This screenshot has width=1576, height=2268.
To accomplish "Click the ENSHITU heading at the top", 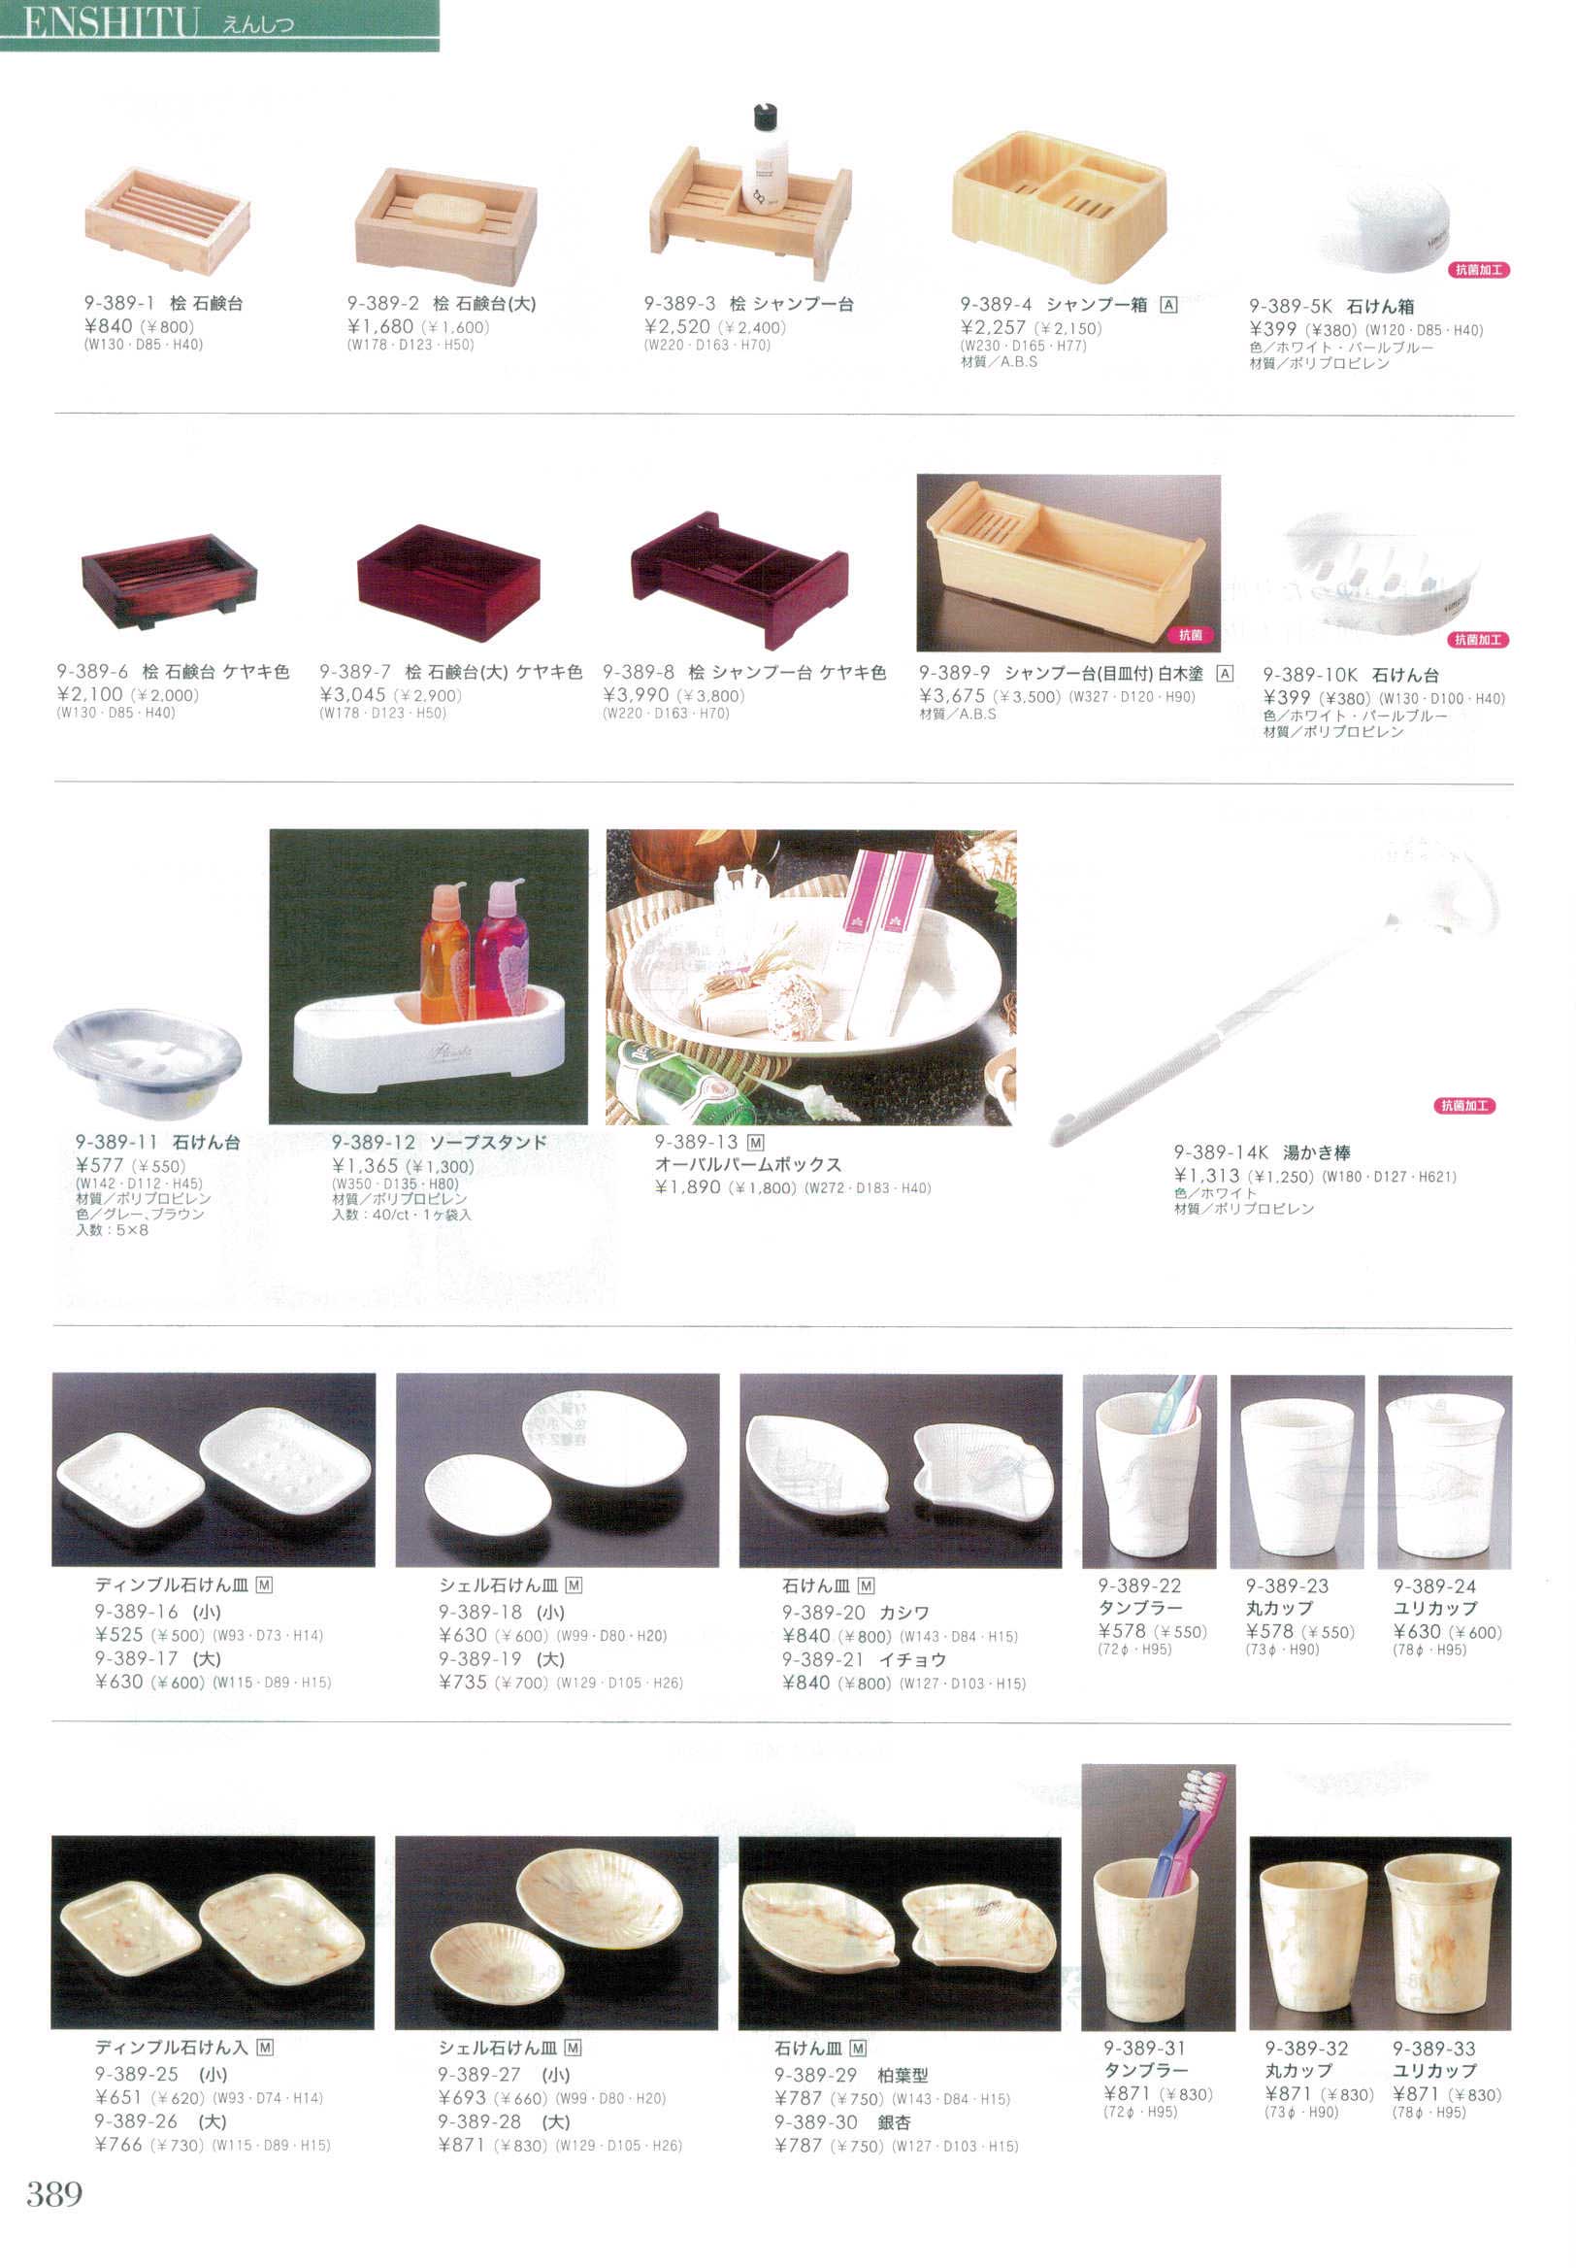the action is point(112,21).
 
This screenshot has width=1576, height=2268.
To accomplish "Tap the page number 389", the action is point(54,2195).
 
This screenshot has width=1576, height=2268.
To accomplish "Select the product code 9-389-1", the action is point(119,303).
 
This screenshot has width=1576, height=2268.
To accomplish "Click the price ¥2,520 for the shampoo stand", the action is point(677,327).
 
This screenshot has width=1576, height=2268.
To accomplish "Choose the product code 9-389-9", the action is point(954,673).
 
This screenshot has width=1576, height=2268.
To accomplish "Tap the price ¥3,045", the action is point(352,695).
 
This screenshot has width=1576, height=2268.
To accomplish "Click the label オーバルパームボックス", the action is point(748,1165).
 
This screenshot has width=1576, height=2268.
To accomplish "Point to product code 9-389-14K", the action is point(1221,1151).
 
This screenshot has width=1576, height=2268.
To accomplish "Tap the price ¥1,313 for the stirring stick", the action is point(1206,1176).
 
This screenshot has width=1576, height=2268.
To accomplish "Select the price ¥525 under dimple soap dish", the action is point(118,1635).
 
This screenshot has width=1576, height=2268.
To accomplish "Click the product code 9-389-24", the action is point(1434,1586).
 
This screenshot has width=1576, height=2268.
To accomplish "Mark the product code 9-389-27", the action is point(480,2075).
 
